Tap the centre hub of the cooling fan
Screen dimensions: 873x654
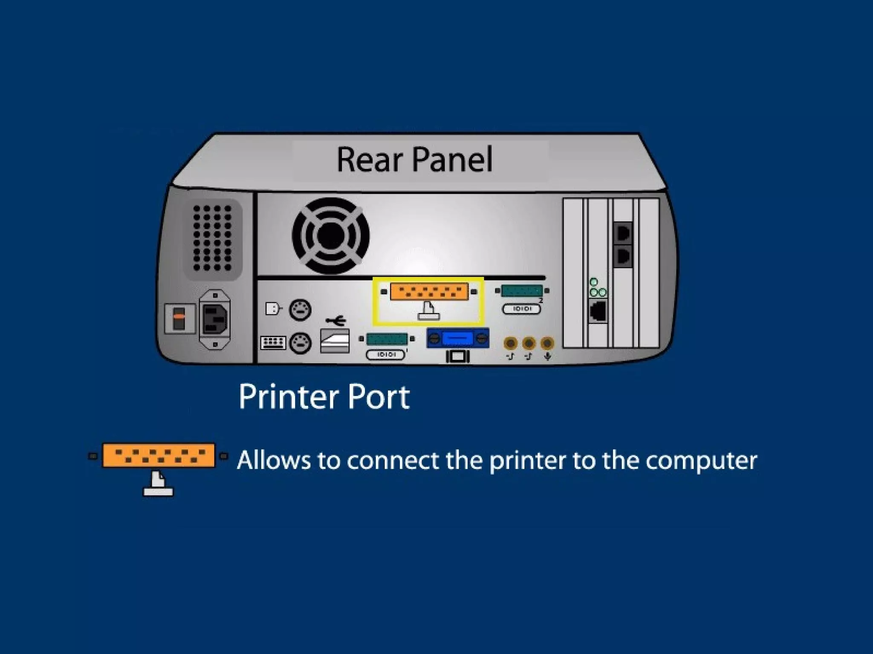click(x=330, y=235)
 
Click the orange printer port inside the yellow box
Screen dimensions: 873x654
click(x=429, y=292)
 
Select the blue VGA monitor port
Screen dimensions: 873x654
click(x=458, y=338)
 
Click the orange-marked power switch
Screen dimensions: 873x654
click(x=179, y=318)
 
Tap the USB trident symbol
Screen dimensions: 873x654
click(x=336, y=320)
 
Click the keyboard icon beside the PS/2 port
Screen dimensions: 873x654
click(x=273, y=342)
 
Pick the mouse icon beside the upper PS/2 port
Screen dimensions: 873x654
click(x=273, y=308)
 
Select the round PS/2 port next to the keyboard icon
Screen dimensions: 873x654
click(x=300, y=343)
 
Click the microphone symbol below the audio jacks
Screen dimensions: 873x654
click(x=548, y=356)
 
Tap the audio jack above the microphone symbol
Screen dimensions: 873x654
click(x=547, y=343)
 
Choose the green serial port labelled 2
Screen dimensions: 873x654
click(x=522, y=291)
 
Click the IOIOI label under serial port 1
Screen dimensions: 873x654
click(x=385, y=355)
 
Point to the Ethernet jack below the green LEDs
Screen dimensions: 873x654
click(x=598, y=311)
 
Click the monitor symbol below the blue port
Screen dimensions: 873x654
click(x=457, y=356)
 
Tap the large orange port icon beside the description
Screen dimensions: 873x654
click(x=158, y=455)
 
